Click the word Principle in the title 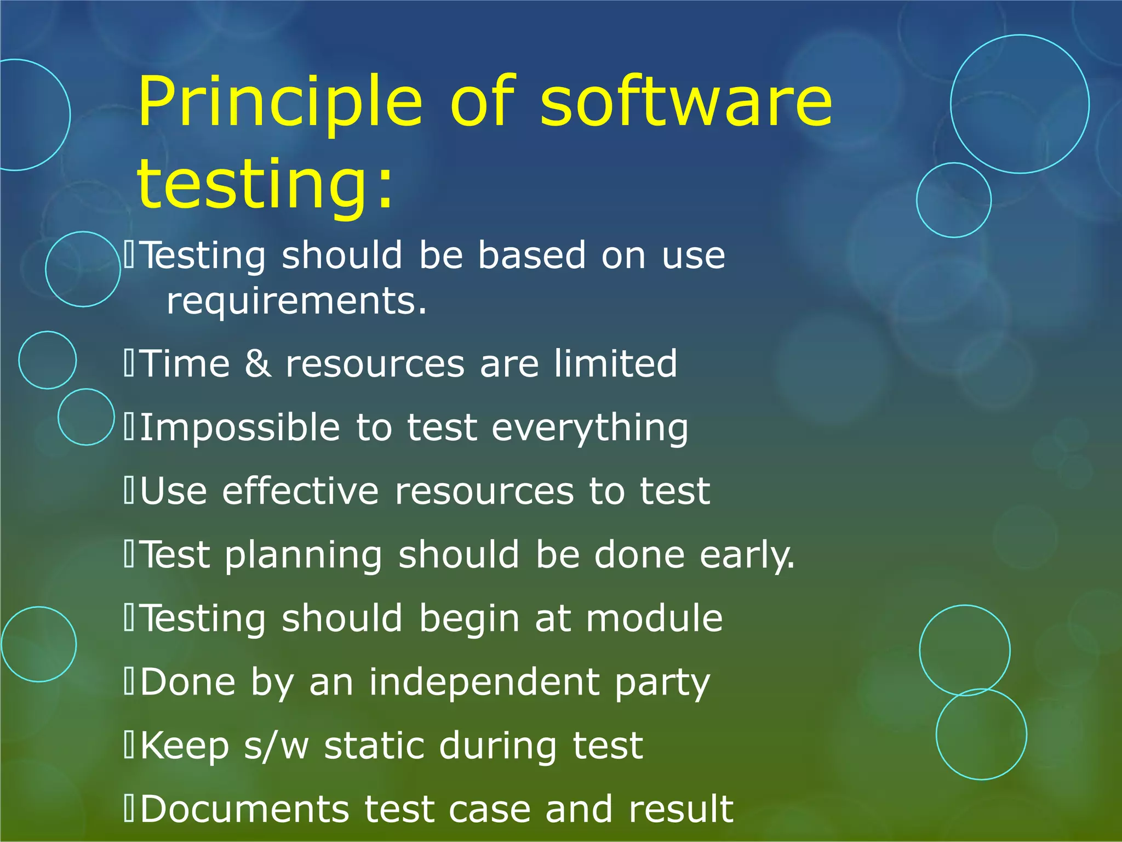pos(280,103)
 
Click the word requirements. pos(296,301)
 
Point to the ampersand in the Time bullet pos(257,363)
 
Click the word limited pos(615,363)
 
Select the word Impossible pos(240,428)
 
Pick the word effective pos(300,491)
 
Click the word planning pos(304,555)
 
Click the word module pos(654,618)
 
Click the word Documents pos(244,809)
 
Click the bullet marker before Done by pos(129,682)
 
